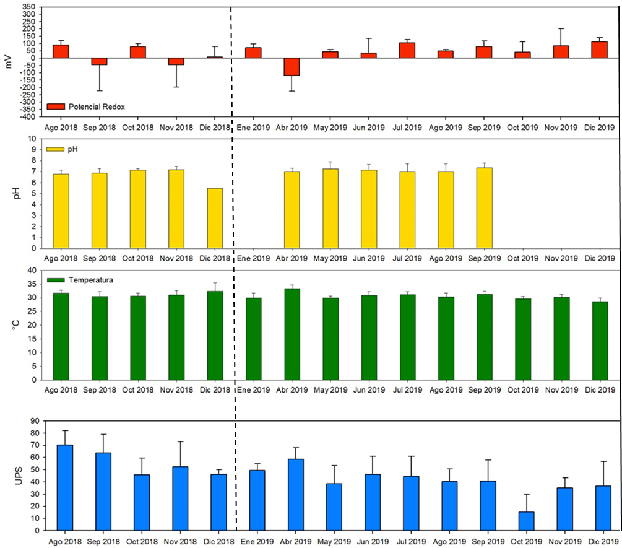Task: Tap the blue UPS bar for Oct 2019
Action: [525, 521]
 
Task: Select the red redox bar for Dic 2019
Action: [600, 50]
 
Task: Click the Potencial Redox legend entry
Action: [87, 107]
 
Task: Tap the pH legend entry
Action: [63, 149]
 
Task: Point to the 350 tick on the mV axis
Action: [28, 7]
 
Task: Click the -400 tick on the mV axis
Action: [27, 116]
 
